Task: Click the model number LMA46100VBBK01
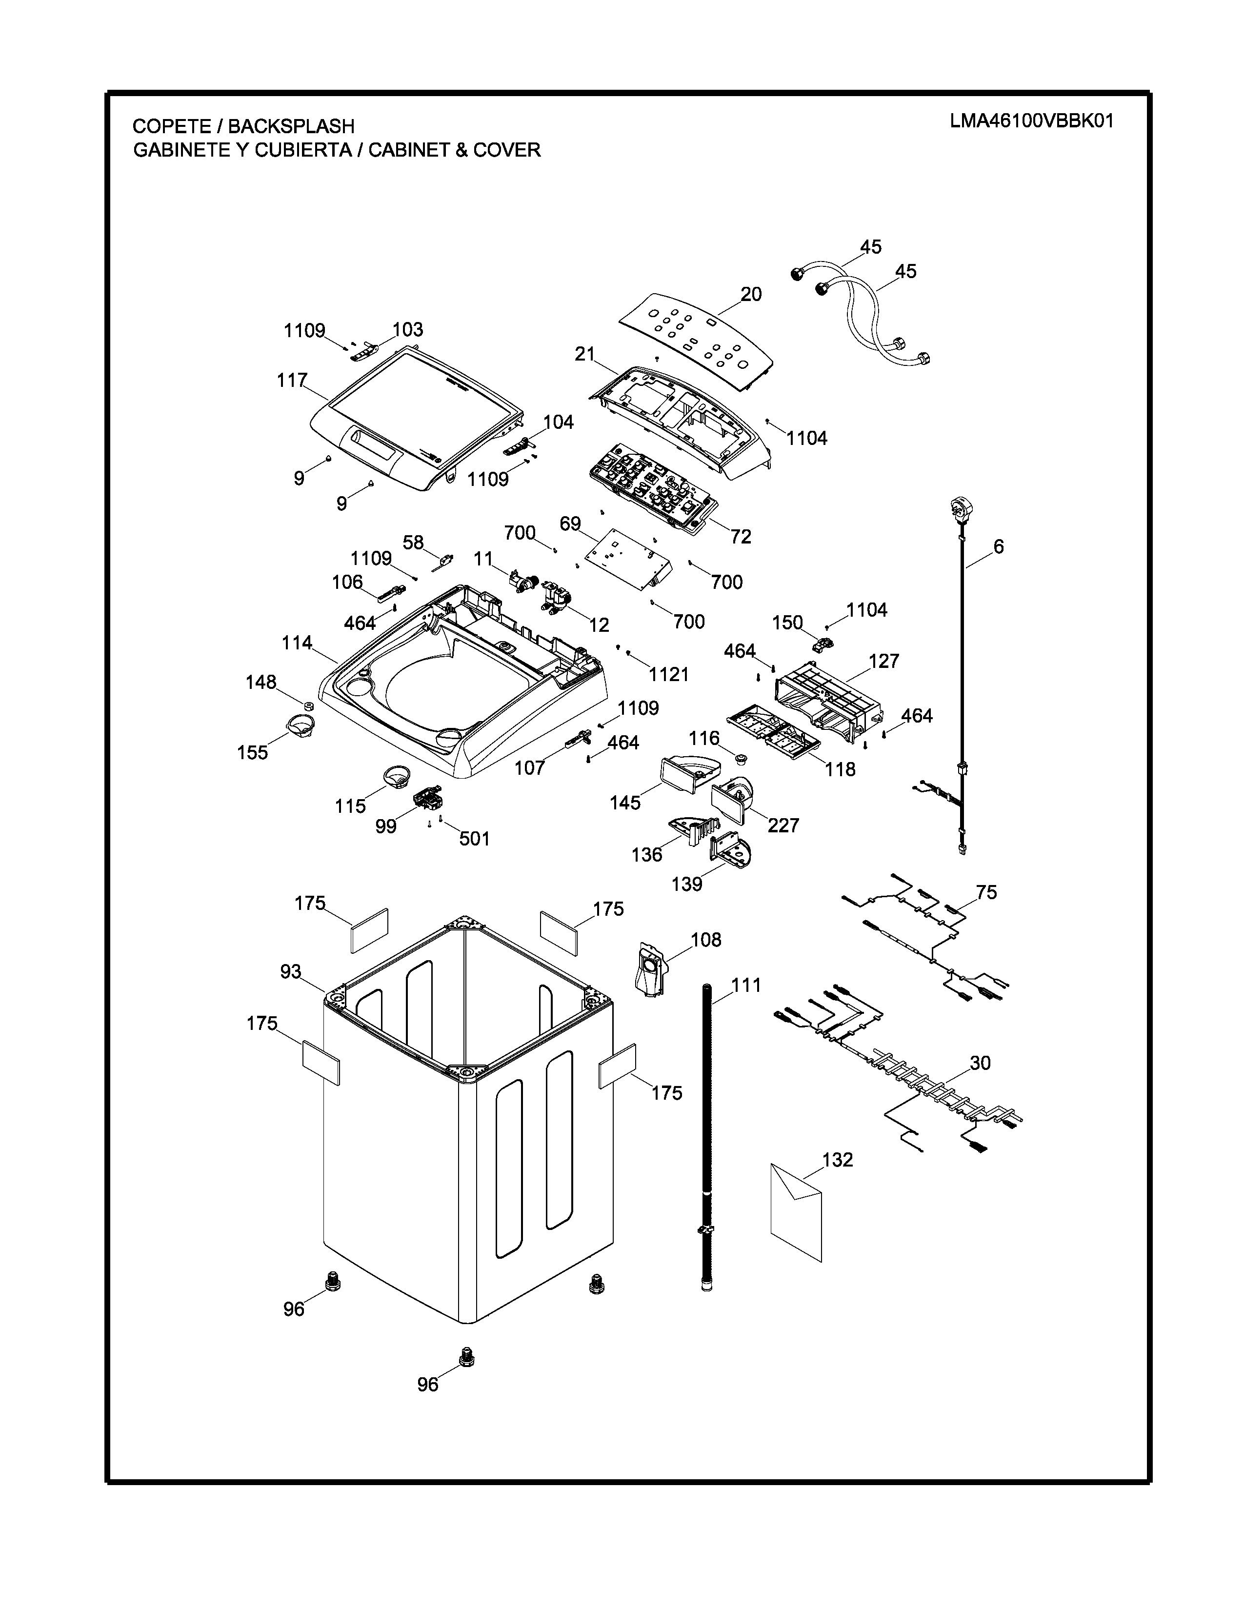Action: (1031, 121)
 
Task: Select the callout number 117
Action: (292, 381)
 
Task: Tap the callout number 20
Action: (751, 294)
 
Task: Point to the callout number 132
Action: (837, 1160)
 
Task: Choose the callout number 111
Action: (746, 985)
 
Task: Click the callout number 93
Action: (290, 971)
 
